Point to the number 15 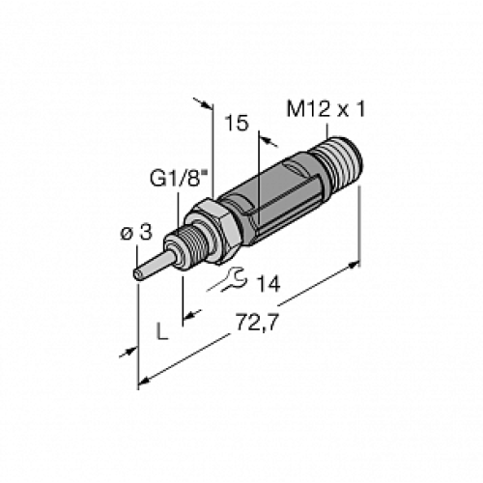[x=235, y=124]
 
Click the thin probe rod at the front [x=155, y=262]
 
